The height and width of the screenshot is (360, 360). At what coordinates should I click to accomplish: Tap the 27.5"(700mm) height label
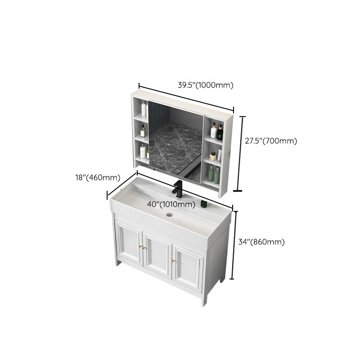click(271, 141)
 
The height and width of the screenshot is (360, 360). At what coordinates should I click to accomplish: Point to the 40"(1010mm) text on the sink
click(171, 204)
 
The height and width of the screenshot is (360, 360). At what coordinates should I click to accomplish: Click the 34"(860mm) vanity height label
click(261, 242)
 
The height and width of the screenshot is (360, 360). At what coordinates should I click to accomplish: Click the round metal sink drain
click(169, 215)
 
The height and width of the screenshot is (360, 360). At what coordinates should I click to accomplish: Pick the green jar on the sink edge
click(203, 204)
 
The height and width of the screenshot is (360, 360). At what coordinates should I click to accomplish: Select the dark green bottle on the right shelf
click(220, 132)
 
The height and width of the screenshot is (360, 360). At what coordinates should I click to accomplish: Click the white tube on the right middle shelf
click(219, 155)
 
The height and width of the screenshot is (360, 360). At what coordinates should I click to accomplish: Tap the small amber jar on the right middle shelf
click(213, 157)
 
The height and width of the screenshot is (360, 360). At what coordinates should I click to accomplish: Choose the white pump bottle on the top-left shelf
click(144, 109)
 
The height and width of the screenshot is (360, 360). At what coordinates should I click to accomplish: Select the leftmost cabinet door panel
click(129, 243)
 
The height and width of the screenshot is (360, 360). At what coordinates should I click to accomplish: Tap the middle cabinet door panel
click(157, 255)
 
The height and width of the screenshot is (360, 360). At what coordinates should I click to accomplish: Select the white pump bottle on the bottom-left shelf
click(143, 151)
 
